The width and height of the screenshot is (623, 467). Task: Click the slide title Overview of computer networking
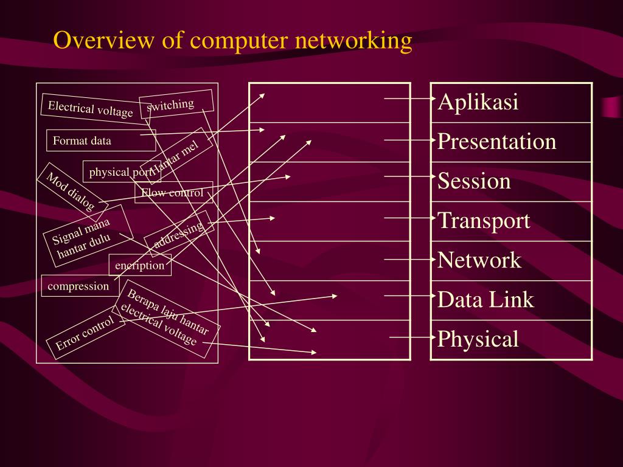pos(232,40)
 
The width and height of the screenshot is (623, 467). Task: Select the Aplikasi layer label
pos(478,102)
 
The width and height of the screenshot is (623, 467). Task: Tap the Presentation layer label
pos(496,141)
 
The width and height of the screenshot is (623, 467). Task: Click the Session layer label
pos(474,181)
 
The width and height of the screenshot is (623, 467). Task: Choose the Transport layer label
pos(484,220)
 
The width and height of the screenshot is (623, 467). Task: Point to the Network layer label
pos(479,260)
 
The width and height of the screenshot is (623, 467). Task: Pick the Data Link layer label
pos(486,299)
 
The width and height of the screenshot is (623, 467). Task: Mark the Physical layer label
pos(478,339)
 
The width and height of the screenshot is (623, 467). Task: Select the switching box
pos(176,104)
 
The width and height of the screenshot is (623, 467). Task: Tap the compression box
pos(78,286)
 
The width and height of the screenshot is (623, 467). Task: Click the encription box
pos(140,265)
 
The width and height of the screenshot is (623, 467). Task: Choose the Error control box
pos(85,333)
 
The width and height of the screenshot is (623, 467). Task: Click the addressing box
pos(179,234)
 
